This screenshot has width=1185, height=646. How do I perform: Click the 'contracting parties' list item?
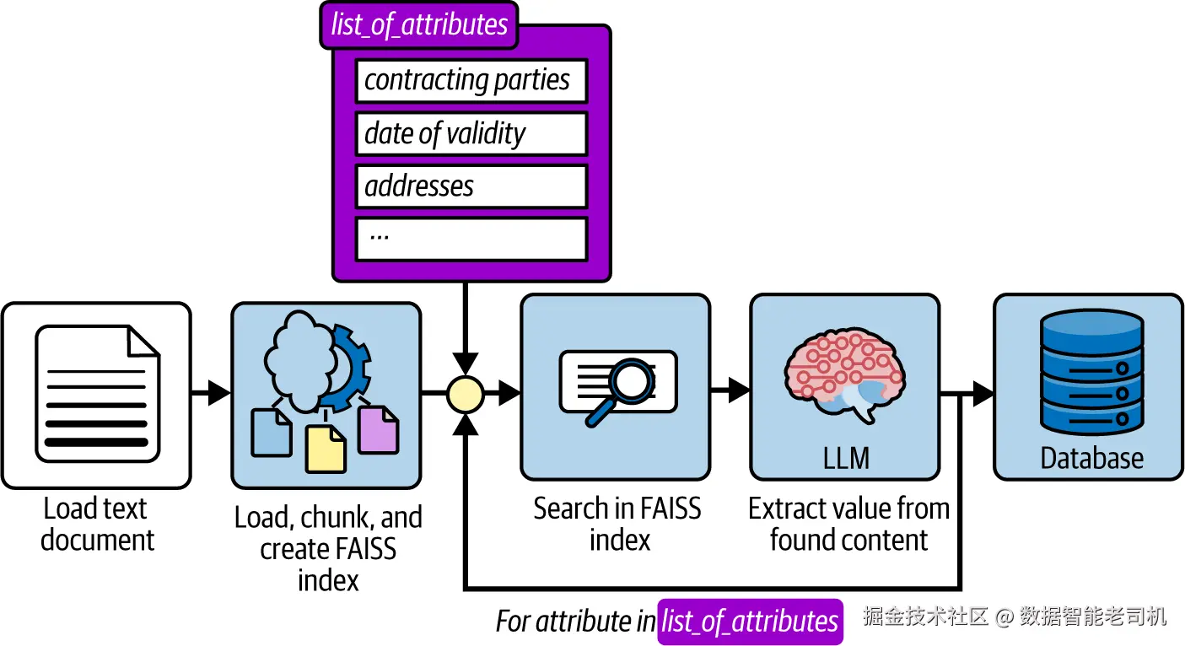pyautogui.click(x=471, y=80)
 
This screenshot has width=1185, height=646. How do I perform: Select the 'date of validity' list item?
pyautogui.click(x=471, y=133)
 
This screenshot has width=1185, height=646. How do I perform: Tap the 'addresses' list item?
pyautogui.click(x=471, y=186)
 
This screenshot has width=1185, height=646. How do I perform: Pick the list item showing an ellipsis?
pyautogui.click(x=471, y=240)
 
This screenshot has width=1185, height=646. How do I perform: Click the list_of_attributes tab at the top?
pyautogui.click(x=419, y=24)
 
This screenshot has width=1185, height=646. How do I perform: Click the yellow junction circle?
pyautogui.click(x=465, y=394)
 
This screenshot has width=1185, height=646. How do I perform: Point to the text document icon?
pyautogui.click(x=97, y=394)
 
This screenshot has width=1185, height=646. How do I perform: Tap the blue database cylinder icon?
pyautogui.click(x=1092, y=372)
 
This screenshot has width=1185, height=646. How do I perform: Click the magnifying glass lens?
pyautogui.click(x=633, y=381)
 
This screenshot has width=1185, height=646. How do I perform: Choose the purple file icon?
pyautogui.click(x=378, y=430)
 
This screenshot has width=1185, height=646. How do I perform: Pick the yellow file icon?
pyautogui.click(x=326, y=450)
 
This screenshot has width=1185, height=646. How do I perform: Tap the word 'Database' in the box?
pyautogui.click(x=1092, y=458)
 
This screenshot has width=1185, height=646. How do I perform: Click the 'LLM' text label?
pyautogui.click(x=846, y=458)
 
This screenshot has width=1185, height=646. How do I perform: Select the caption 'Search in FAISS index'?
pyautogui.click(x=617, y=524)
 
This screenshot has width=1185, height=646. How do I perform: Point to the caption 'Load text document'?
pyautogui.click(x=97, y=524)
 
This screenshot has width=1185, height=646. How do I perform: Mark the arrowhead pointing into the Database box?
pyautogui.click(x=983, y=394)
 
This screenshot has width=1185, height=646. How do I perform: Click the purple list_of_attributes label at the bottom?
pyautogui.click(x=750, y=622)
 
